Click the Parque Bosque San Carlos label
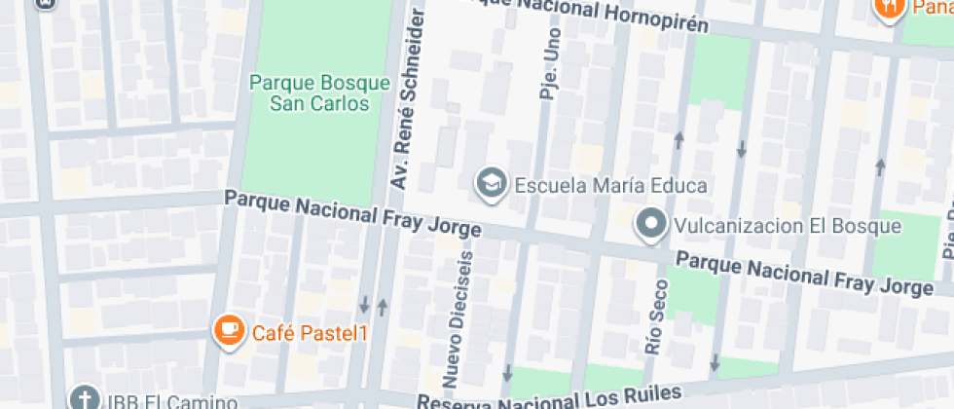(319, 93)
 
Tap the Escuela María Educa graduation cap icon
(491, 182)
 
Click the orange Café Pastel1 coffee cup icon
(229, 332)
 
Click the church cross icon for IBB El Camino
(84, 399)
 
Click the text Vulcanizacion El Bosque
(789, 226)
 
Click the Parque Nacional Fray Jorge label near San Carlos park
(352, 213)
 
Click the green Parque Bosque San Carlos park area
(312, 146)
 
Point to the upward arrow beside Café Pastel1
(382, 307)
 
